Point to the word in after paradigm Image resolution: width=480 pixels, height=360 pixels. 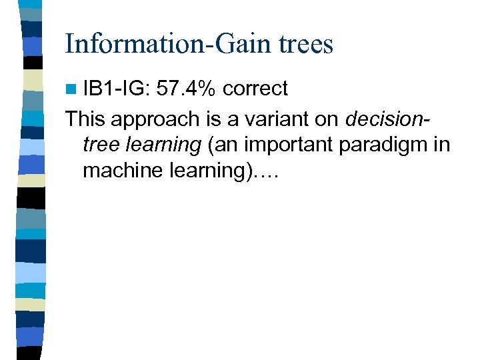[442, 145]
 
